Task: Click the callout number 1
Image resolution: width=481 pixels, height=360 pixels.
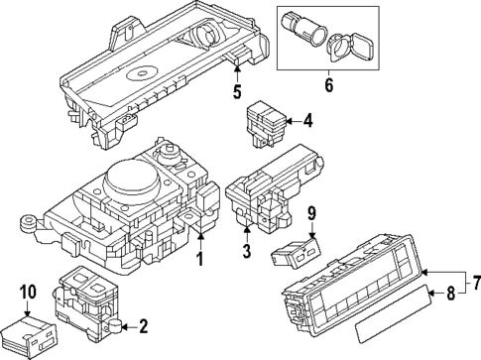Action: (x=199, y=261)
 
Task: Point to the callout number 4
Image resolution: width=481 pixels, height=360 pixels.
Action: (x=308, y=122)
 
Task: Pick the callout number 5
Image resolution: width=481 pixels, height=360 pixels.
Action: (x=236, y=94)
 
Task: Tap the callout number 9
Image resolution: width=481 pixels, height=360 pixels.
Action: (x=310, y=240)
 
